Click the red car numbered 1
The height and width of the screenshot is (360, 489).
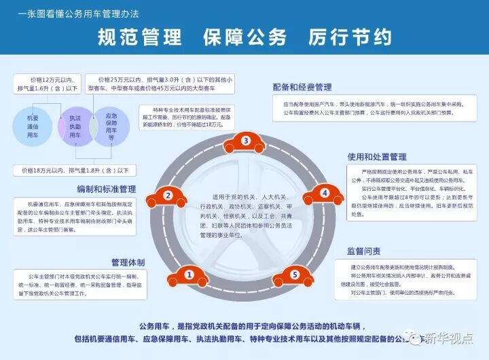pos(190,274)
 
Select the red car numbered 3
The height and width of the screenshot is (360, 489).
pos(246,141)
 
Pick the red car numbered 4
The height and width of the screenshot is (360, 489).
pos(324,194)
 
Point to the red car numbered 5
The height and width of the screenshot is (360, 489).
pos(294,274)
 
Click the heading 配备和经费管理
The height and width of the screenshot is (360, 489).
pos(302,88)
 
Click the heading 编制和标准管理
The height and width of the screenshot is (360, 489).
pos(107,188)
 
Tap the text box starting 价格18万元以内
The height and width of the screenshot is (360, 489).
pos(79,169)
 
